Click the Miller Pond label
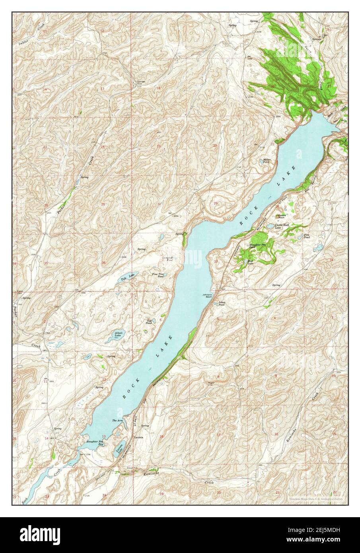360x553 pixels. pyautogui.click(x=267, y=161)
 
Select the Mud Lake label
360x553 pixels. pyautogui.click(x=250, y=262)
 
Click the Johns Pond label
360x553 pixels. pyautogui.click(x=222, y=304)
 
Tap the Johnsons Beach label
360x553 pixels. pyautogui.click(x=208, y=296)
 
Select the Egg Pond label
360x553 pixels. pyautogui.click(x=149, y=321)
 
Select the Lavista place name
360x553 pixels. pyautogui.click(x=139, y=436)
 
